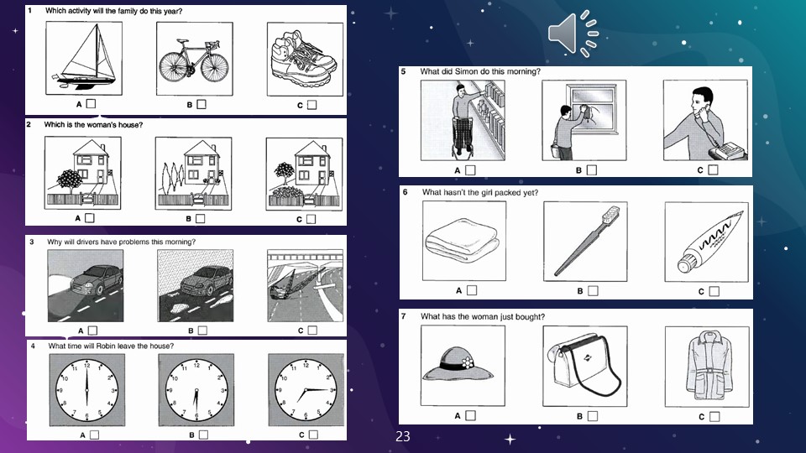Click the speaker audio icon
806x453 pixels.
click(573, 33)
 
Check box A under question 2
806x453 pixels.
click(89, 218)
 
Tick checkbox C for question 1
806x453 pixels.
click(311, 105)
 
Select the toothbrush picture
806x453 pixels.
click(585, 241)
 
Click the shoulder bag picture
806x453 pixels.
click(585, 367)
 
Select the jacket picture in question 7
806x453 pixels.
click(705, 367)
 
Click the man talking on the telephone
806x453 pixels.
click(704, 120)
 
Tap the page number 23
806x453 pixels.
click(403, 436)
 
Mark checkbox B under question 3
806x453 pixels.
click(201, 331)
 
